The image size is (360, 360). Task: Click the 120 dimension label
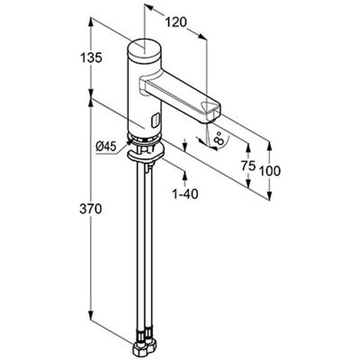tap(176, 22)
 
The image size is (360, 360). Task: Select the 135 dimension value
tap(91, 58)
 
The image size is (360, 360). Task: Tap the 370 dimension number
tap(91, 209)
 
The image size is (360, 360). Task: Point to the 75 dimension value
tap(248, 166)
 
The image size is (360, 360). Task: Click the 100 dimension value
tap(270, 171)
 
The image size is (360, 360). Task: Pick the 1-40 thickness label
tap(185, 194)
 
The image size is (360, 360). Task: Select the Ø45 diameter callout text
tap(105, 147)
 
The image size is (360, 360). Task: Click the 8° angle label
tap(220, 138)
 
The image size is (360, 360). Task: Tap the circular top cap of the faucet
tap(145, 49)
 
